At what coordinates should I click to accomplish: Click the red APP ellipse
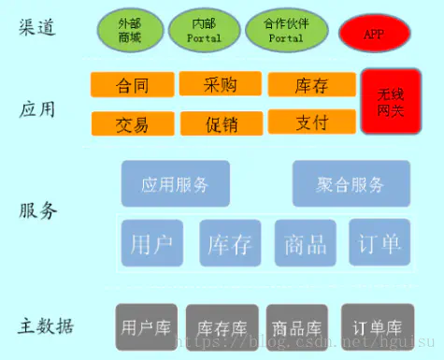click(x=374, y=34)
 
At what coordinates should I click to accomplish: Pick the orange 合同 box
click(x=131, y=85)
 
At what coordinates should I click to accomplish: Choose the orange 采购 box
click(x=220, y=84)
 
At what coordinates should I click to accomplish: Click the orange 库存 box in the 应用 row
click(x=310, y=85)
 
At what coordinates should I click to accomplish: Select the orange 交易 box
click(x=132, y=122)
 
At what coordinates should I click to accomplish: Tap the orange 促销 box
click(x=220, y=122)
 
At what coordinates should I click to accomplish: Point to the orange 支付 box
click(x=310, y=121)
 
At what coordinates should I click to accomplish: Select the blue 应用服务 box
click(x=176, y=183)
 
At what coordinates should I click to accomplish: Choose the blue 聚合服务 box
click(x=351, y=184)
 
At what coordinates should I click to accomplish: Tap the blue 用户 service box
click(x=151, y=243)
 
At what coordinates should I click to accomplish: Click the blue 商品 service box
click(x=306, y=243)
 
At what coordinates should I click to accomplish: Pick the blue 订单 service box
click(x=380, y=243)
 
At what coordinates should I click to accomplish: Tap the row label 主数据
click(x=47, y=326)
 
